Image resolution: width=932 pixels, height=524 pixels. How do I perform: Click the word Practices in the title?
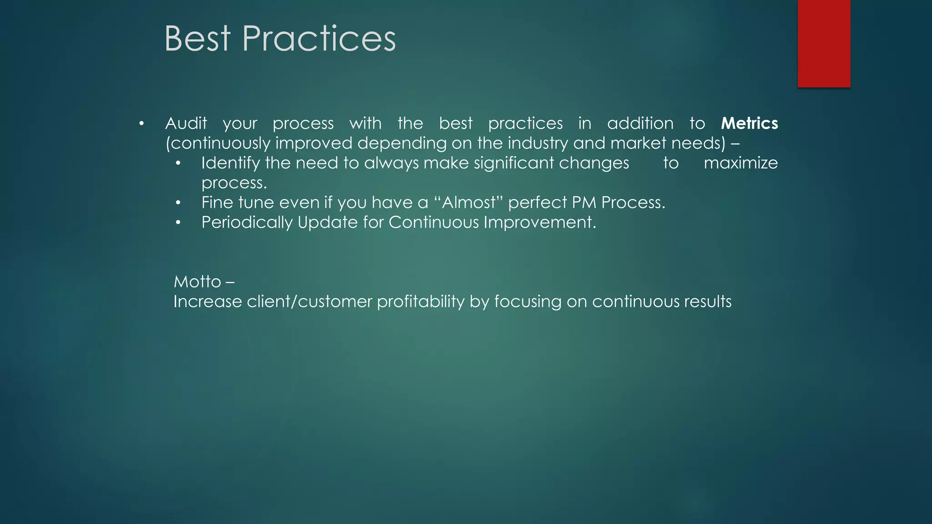point(319,39)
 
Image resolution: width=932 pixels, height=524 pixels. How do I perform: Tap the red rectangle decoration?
point(824,43)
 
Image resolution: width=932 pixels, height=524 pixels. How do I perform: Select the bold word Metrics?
point(749,123)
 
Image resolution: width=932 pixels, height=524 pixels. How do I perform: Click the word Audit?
point(186,123)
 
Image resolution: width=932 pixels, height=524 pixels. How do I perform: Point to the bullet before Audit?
point(142,124)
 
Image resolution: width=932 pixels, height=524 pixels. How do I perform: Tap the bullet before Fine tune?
point(178,203)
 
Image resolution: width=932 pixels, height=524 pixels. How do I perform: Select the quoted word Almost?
point(468,202)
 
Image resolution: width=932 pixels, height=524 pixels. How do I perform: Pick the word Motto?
point(197,282)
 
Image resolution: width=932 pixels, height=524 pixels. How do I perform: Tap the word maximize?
point(740,163)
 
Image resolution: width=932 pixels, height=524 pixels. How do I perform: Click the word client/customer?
point(309,302)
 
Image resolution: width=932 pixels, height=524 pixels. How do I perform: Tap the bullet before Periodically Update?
point(178,223)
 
